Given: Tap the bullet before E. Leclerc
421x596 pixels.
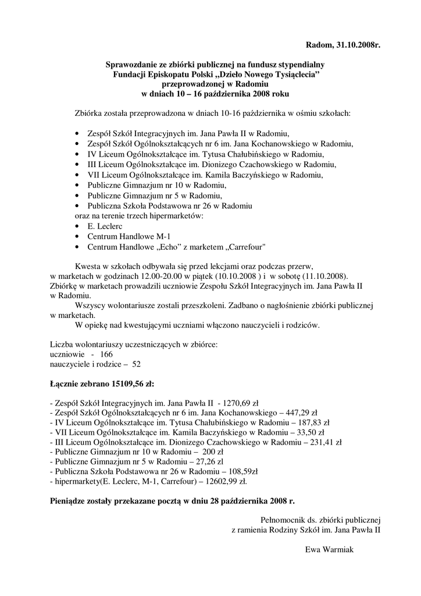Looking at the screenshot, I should coord(78,226).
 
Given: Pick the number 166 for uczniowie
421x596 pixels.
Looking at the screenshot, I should coord(107,354).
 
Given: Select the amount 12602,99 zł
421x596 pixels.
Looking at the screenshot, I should coord(226,481).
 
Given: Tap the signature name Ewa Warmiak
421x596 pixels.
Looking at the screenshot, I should coord(330,550).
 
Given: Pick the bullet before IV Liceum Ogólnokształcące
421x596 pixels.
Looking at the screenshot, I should coord(78,154).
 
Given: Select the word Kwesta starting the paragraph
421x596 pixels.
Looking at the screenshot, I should coord(87,265).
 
